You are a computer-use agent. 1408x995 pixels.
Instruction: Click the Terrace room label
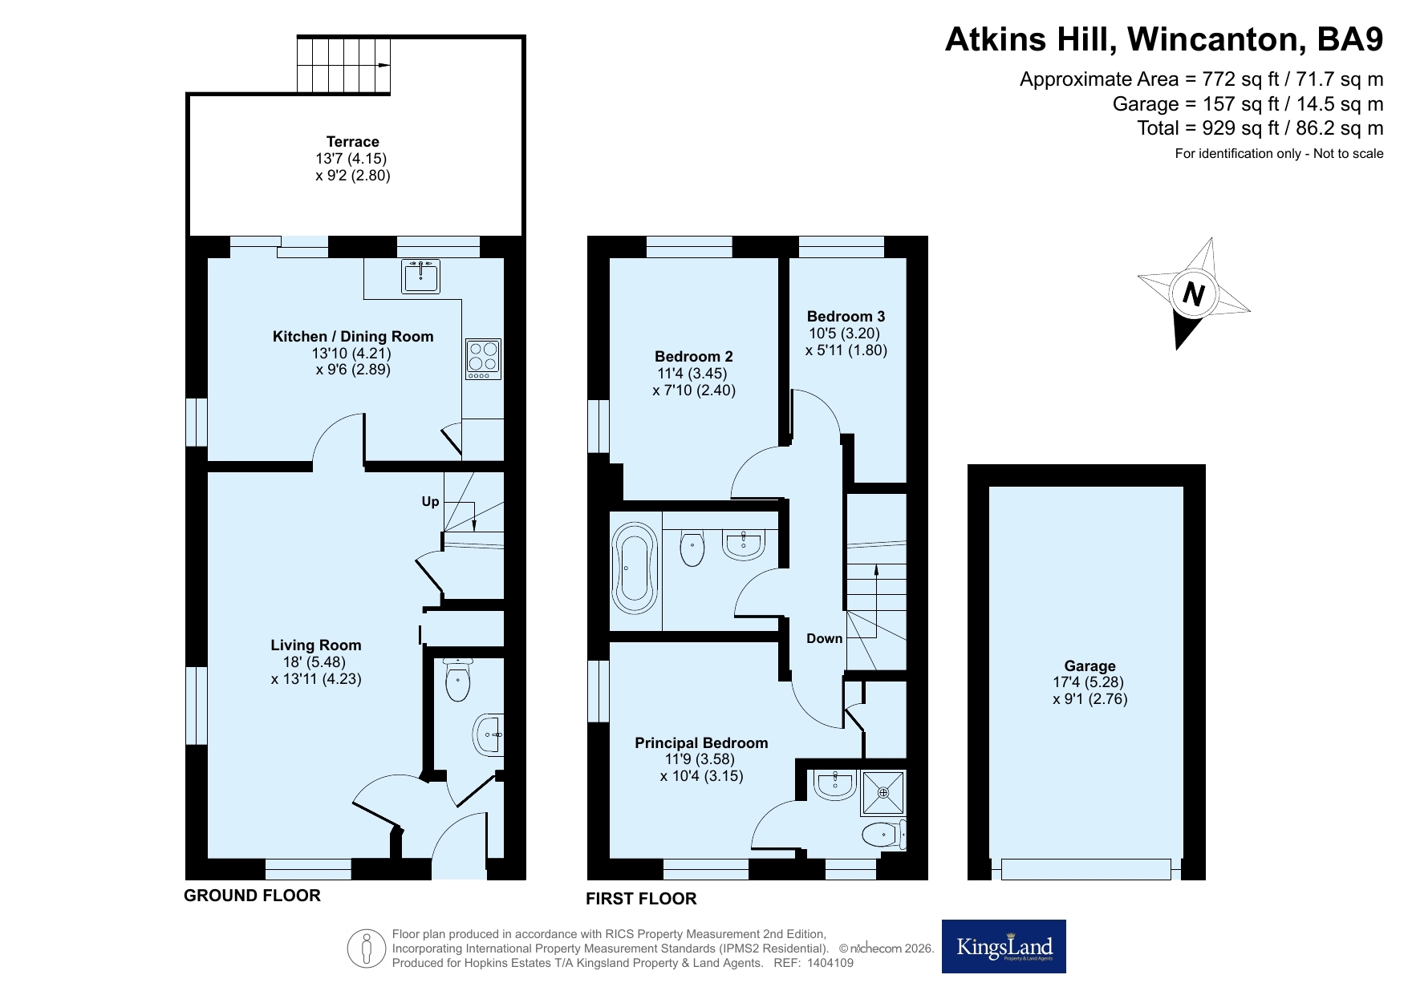(x=353, y=142)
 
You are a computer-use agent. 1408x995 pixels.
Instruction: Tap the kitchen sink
(x=420, y=276)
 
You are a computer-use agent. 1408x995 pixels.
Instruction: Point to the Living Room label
(x=316, y=645)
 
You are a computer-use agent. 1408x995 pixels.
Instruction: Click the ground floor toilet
(x=457, y=679)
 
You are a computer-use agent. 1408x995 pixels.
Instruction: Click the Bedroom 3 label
(x=846, y=316)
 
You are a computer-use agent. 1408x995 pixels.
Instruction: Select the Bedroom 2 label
(x=694, y=356)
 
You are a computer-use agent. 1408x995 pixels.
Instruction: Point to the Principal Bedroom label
(x=701, y=743)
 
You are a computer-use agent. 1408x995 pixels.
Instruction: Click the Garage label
(x=1090, y=665)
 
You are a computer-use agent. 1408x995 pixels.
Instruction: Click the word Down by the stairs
(x=825, y=638)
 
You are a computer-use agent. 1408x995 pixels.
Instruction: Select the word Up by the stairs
(x=431, y=502)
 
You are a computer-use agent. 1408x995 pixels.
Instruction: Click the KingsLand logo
(x=1004, y=946)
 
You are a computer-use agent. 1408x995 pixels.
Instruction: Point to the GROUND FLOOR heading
(x=253, y=896)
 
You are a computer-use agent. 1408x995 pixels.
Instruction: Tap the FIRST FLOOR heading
(x=641, y=899)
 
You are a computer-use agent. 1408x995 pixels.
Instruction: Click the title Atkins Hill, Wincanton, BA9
(x=1164, y=39)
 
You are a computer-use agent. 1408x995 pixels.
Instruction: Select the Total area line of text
(x=1260, y=128)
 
